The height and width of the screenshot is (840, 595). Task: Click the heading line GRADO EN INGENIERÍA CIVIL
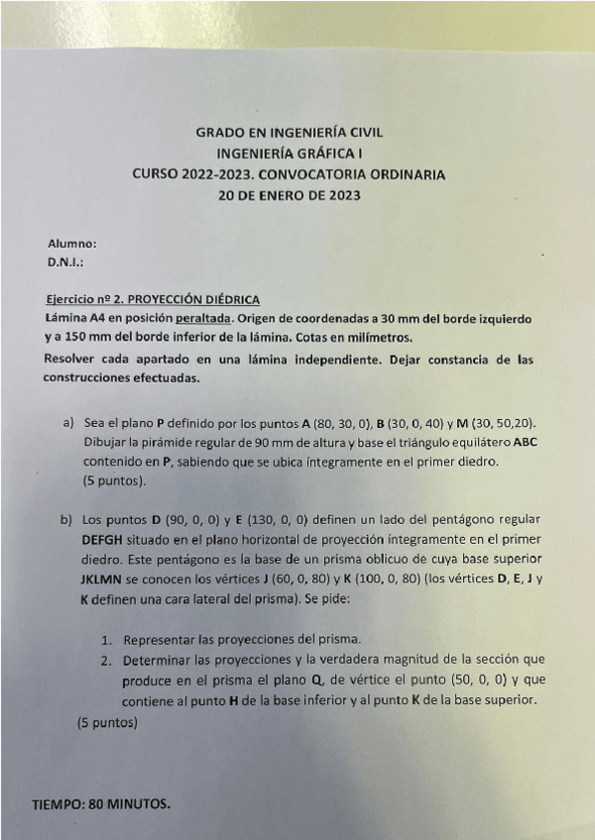pyautogui.click(x=289, y=132)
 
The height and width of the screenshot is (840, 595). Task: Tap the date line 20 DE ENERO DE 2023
pyautogui.click(x=290, y=195)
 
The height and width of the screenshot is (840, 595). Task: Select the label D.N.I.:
pyautogui.click(x=65, y=262)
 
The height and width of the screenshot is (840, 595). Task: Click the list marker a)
pyautogui.click(x=69, y=423)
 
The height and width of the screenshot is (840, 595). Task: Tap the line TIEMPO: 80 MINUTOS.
pyautogui.click(x=101, y=804)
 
